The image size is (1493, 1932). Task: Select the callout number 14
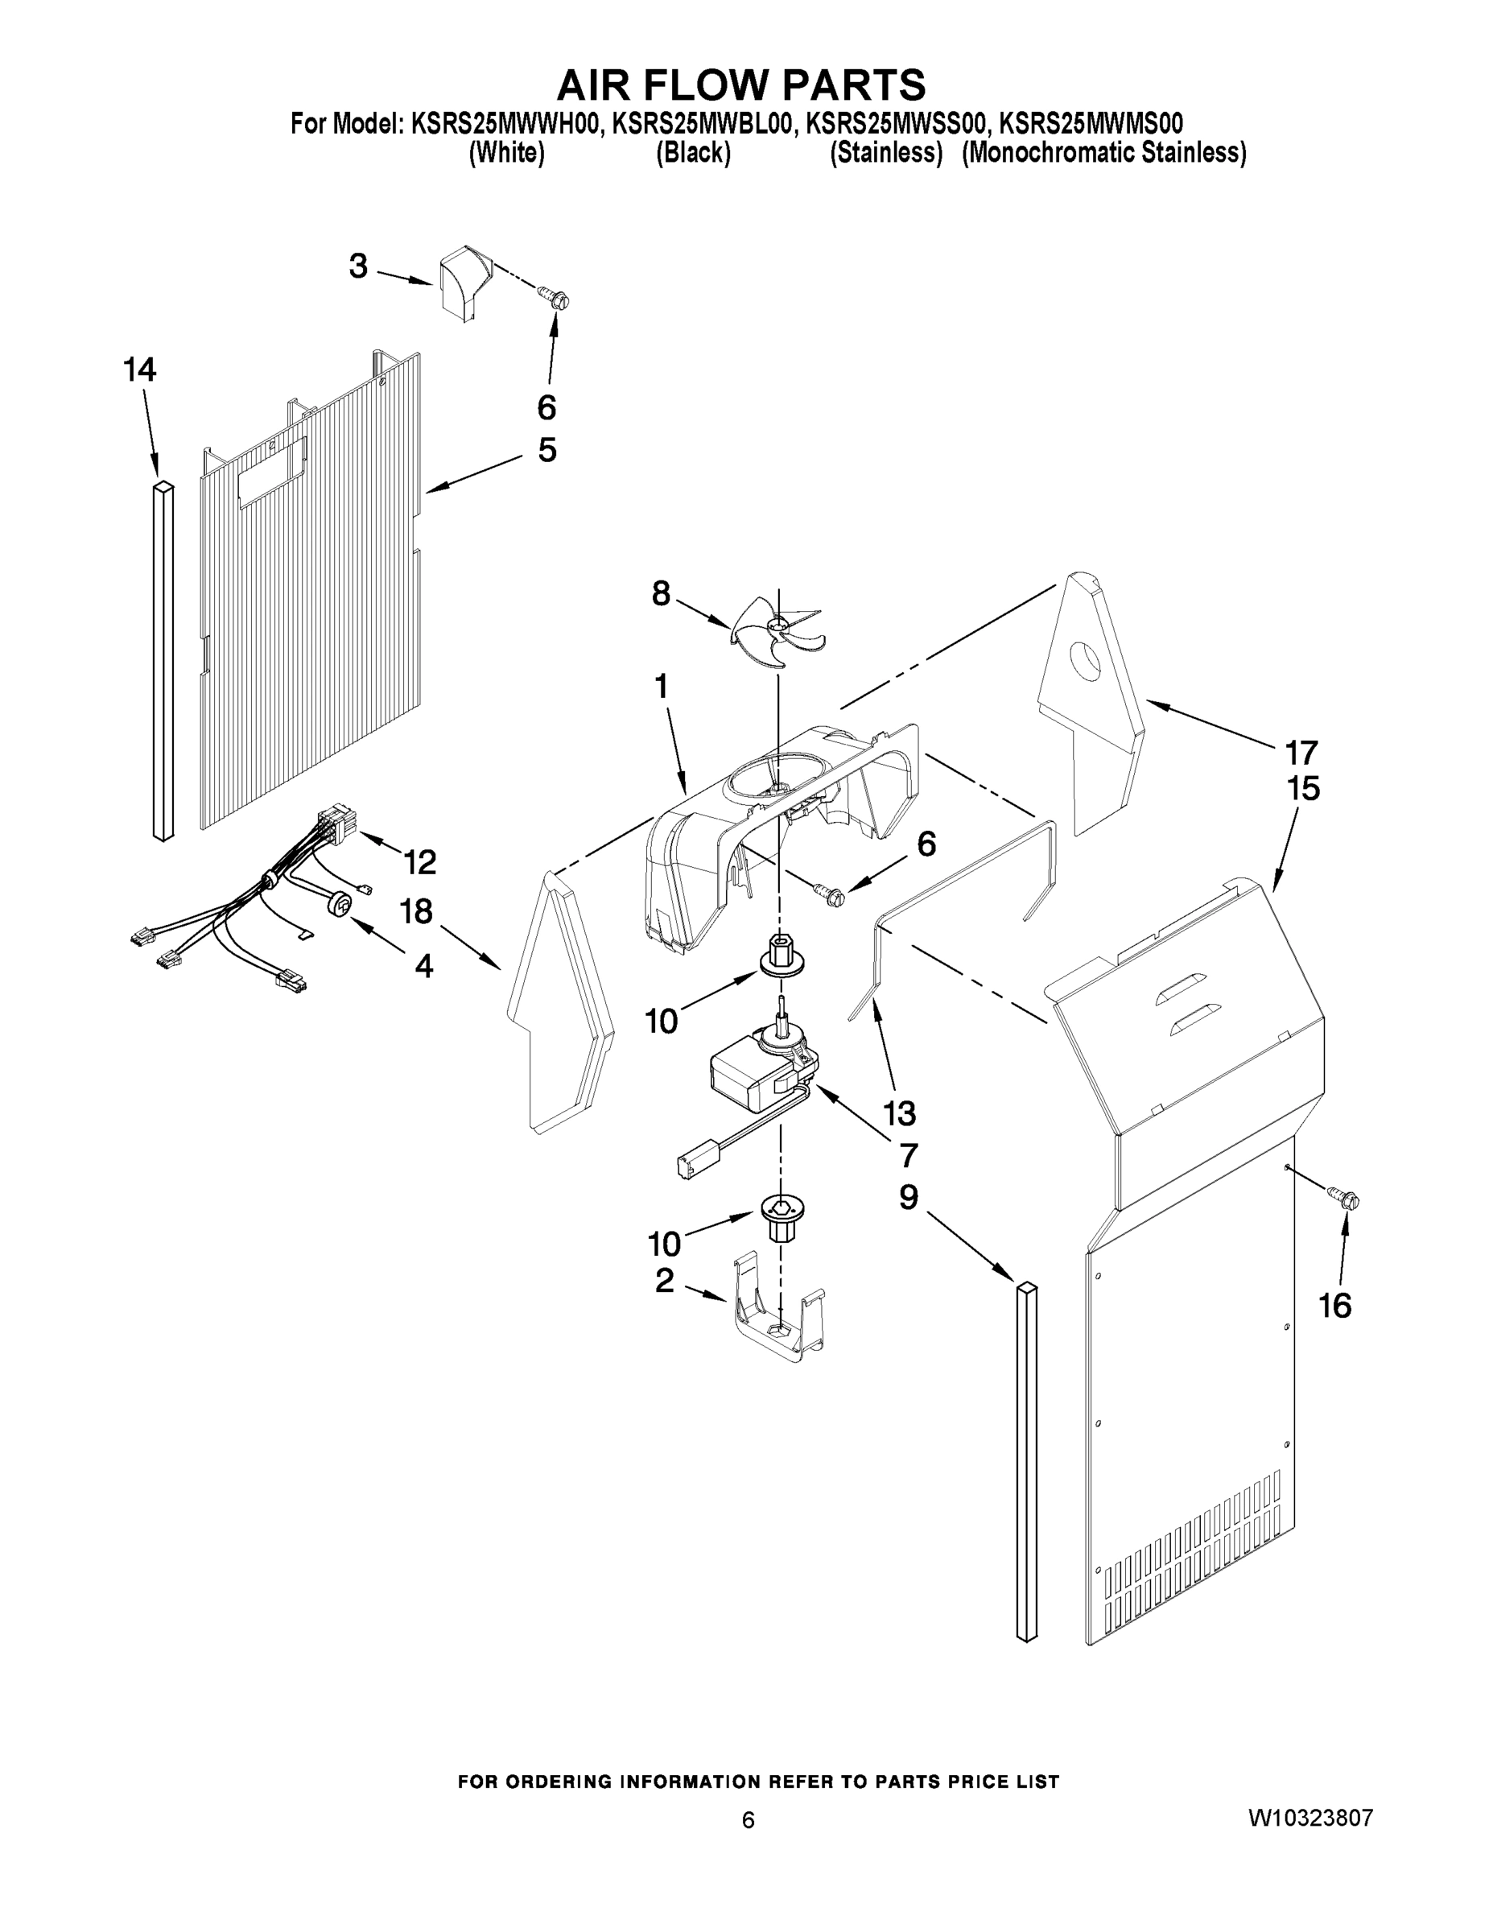coord(140,370)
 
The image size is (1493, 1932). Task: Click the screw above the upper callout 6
coord(556,298)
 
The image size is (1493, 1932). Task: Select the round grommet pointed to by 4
coord(340,904)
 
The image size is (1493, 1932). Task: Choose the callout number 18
coord(415,911)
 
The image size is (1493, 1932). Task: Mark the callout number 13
coord(897,1113)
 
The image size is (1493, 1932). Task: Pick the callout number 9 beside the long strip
coord(909,1198)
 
